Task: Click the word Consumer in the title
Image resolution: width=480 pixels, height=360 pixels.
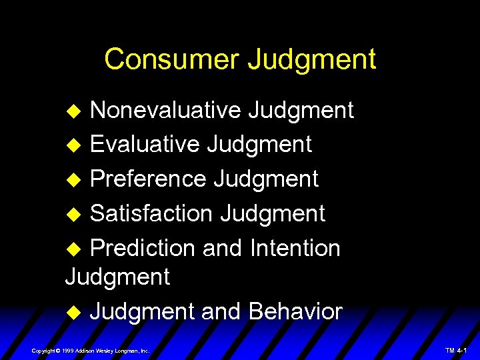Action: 171,59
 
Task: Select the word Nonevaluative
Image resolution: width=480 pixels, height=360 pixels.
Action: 165,110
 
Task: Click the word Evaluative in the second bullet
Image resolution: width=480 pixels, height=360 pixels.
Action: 145,144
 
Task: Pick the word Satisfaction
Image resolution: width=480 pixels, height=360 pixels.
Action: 151,213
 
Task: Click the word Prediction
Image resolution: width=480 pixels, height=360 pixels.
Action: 142,248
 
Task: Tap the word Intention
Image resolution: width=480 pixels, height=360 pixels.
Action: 295,248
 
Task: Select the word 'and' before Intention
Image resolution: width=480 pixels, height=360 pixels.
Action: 222,248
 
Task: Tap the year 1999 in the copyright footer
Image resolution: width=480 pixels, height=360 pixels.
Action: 68,350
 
